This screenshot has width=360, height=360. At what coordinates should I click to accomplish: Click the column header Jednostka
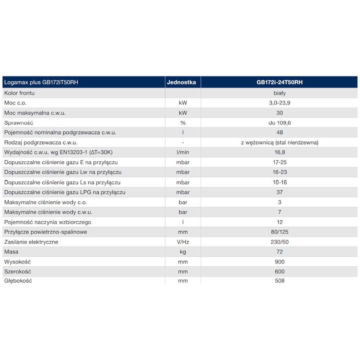pos(181,82)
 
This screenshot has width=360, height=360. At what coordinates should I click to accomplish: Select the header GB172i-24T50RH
pos(280,82)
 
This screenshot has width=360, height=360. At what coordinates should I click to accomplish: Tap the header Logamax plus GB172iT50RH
pos(41,82)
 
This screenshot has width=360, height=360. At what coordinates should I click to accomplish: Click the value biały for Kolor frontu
pos(280,93)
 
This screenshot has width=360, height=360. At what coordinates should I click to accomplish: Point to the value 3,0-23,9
pos(280,103)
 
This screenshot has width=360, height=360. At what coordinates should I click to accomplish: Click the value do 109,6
pos(280,123)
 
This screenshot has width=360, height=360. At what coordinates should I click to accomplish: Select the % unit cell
pos(183,123)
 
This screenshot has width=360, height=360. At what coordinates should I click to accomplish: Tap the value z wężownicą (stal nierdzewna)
pos(280,143)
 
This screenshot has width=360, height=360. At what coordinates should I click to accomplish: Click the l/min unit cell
pos(183,152)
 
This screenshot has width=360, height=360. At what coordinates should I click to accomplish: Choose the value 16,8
pos(280,152)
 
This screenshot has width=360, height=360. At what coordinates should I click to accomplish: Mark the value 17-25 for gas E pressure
pos(280,162)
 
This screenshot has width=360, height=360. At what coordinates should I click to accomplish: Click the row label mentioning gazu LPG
pos(65,192)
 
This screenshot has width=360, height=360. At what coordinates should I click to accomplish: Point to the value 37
pos(280,192)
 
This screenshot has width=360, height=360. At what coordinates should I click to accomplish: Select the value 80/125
pos(280,232)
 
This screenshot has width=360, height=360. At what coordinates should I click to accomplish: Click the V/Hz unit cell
pos(183,242)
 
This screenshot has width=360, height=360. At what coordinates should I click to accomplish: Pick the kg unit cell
pos(183,252)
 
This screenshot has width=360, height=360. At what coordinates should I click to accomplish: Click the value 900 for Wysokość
pos(280,262)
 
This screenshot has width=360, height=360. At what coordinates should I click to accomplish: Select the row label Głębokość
pos(18,280)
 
